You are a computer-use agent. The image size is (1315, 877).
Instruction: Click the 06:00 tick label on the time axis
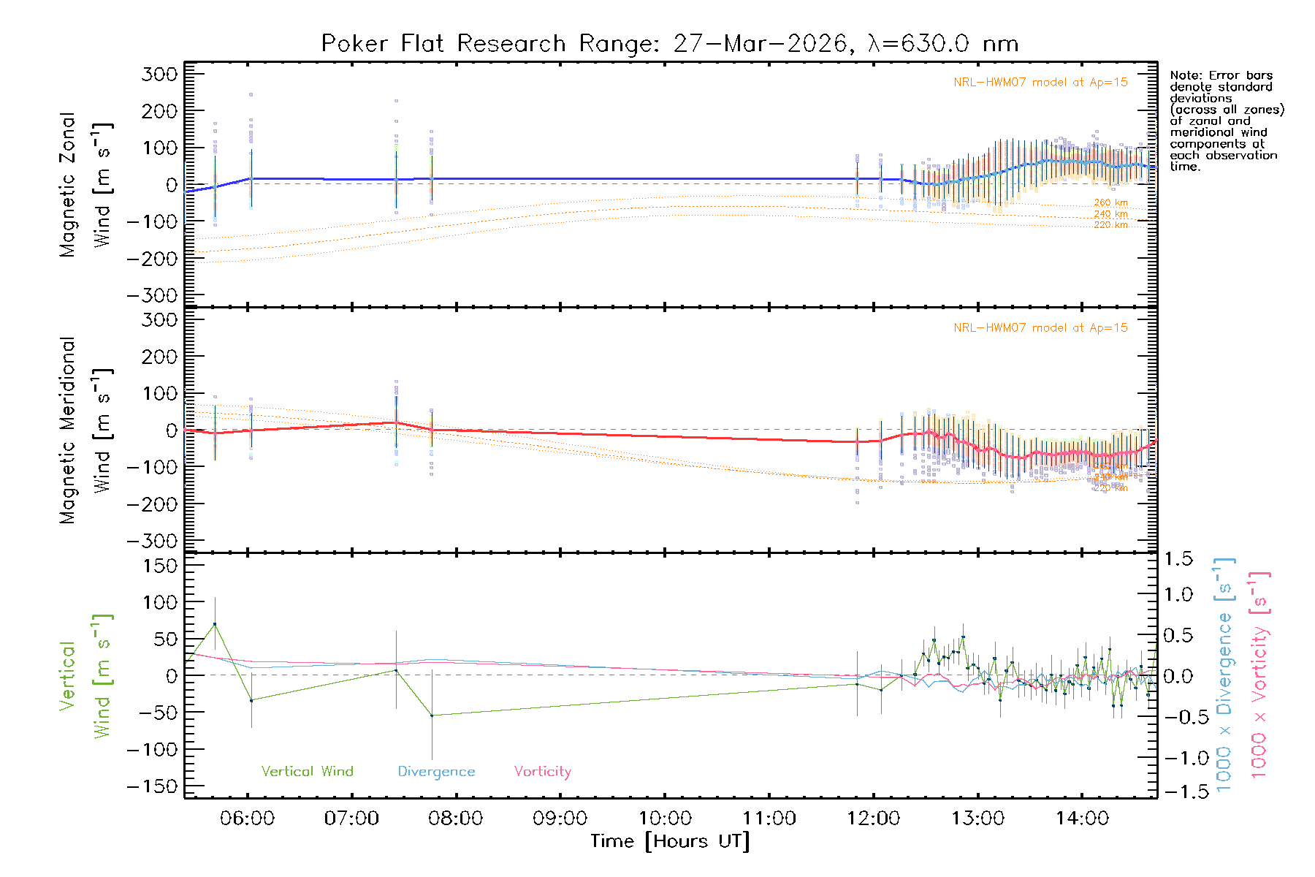[247, 819]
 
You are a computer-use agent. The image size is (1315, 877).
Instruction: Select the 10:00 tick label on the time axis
[665, 819]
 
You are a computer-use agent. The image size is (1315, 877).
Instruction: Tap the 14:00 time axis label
[1082, 819]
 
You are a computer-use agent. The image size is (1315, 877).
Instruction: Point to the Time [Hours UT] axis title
[670, 841]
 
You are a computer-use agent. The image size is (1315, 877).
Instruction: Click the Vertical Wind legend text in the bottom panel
[307, 772]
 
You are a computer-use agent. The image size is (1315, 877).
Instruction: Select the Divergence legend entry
[436, 772]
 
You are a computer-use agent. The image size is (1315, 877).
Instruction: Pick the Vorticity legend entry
[542, 772]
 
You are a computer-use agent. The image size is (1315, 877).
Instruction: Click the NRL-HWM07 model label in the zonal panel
[1040, 83]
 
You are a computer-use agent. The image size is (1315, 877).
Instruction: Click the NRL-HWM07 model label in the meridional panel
[1040, 328]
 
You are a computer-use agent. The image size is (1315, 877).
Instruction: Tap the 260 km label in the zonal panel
[1110, 202]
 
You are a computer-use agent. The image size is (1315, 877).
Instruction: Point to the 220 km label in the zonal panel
[1110, 225]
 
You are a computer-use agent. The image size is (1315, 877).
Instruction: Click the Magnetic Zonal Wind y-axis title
[86, 184]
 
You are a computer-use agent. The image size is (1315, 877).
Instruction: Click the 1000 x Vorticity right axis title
[1260, 675]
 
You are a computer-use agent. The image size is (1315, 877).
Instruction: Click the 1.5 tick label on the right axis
[1178, 559]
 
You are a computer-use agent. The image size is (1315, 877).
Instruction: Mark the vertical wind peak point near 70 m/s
[215, 624]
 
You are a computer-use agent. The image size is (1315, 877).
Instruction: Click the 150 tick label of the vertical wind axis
[161, 566]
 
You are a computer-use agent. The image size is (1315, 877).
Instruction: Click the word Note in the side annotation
[1183, 75]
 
